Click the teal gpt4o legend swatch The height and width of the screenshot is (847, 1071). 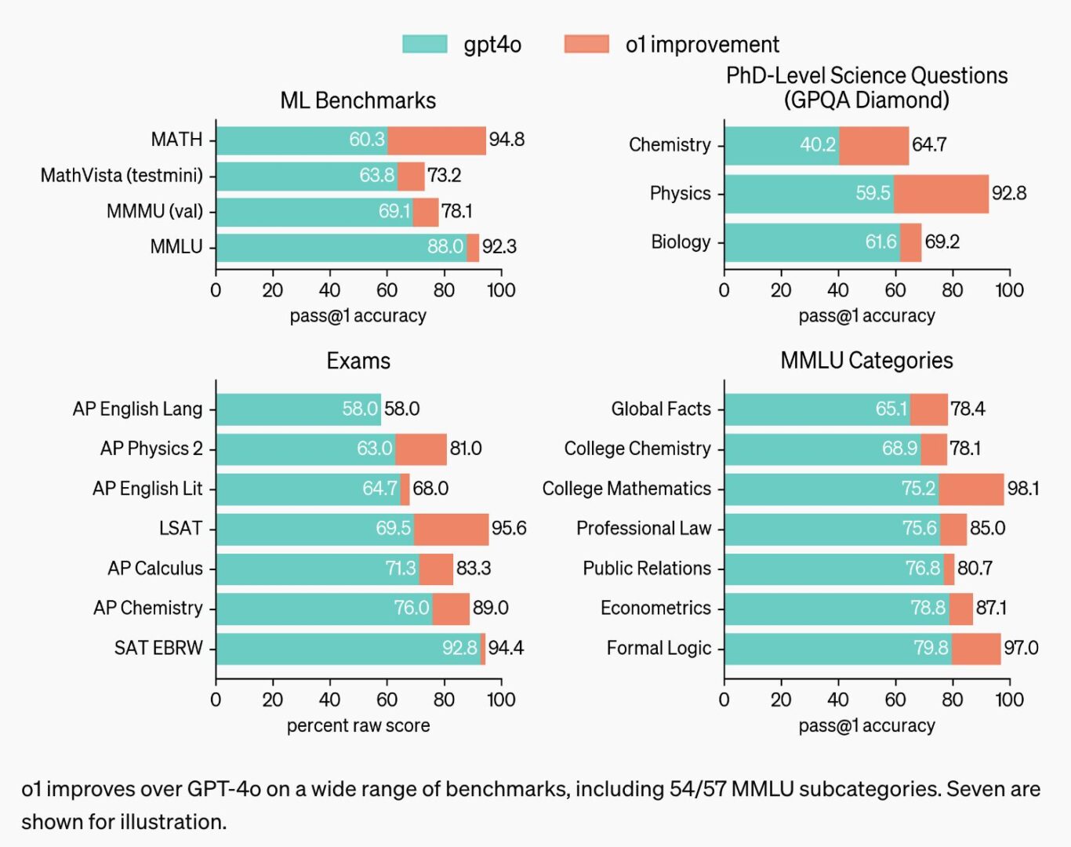pyautogui.click(x=425, y=44)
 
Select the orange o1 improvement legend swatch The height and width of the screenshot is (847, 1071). pyautogui.click(x=586, y=44)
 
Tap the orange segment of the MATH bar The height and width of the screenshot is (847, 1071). pyautogui.click(x=437, y=140)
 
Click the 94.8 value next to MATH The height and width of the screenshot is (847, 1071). pyautogui.click(x=506, y=140)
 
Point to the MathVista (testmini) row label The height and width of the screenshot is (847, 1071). pyautogui.click(x=122, y=175)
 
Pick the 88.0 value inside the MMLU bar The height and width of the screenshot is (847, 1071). pyautogui.click(x=445, y=246)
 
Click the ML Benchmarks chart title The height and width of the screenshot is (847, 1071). pyautogui.click(x=358, y=100)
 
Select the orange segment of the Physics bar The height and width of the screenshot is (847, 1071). pyautogui.click(x=941, y=194)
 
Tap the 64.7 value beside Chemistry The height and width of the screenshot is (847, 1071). pyautogui.click(x=929, y=144)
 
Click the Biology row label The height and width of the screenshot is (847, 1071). pyautogui.click(x=681, y=242)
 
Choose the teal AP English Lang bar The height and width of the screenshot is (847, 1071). pyautogui.click(x=298, y=409)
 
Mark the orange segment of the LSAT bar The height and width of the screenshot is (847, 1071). pyautogui.click(x=451, y=529)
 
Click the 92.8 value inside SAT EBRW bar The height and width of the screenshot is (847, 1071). pyautogui.click(x=459, y=648)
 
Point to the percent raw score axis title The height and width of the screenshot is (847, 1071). pyautogui.click(x=358, y=725)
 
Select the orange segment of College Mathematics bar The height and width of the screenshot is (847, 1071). pyautogui.click(x=971, y=489)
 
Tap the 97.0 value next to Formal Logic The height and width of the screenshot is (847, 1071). pyautogui.click(x=1021, y=648)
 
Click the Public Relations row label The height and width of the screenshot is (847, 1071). pyautogui.click(x=647, y=568)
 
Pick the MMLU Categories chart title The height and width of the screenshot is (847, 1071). pyautogui.click(x=866, y=361)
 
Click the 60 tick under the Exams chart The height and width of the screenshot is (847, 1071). pyautogui.click(x=387, y=700)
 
